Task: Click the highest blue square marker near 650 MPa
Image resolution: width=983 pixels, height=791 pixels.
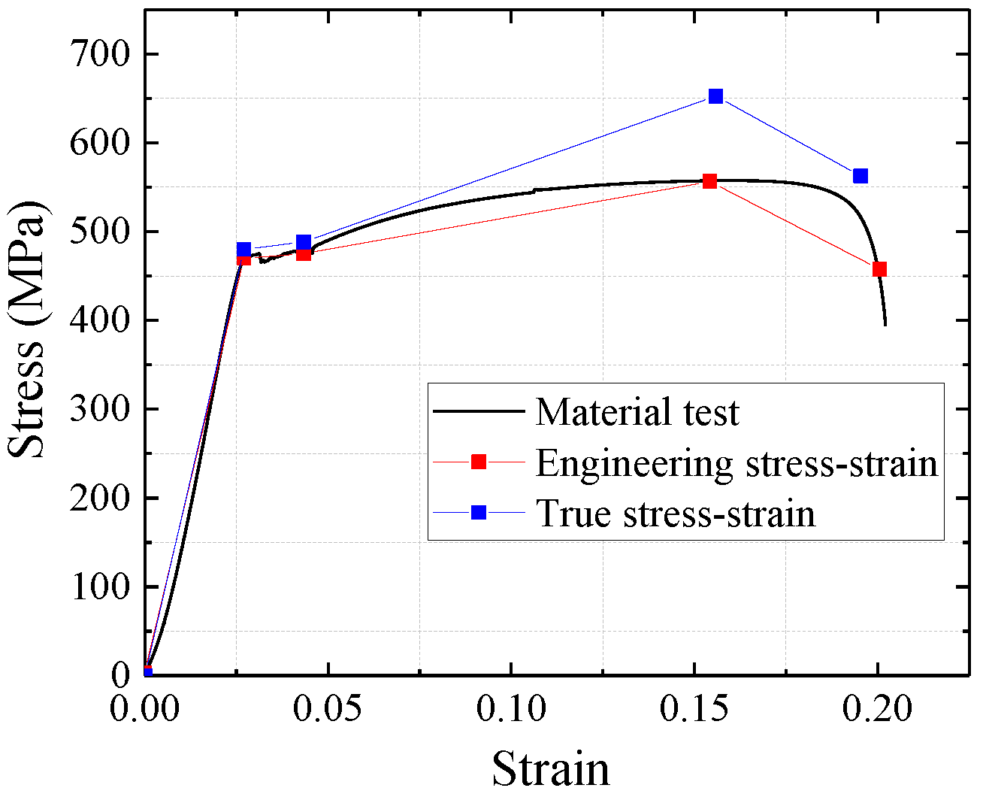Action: (715, 96)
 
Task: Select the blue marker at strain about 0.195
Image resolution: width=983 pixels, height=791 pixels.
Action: (861, 176)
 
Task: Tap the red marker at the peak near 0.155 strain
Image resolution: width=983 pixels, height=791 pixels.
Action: (709, 181)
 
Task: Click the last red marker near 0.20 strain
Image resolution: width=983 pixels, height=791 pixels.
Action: (879, 269)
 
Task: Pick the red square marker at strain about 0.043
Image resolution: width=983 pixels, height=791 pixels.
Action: (303, 254)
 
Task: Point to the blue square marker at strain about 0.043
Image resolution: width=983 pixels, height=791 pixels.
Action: (304, 242)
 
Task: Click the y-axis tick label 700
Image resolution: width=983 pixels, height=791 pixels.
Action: (100, 54)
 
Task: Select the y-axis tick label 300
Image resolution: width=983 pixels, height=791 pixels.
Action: (100, 409)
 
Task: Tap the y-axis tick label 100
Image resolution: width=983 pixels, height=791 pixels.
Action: (100, 586)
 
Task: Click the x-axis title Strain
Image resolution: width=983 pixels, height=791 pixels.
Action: (551, 768)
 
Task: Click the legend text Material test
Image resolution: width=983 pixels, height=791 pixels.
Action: (637, 412)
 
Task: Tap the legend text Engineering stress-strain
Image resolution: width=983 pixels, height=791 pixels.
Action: (736, 462)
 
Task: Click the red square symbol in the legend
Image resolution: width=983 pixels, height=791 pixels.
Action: (479, 462)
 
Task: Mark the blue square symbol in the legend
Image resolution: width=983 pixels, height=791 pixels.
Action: (479, 513)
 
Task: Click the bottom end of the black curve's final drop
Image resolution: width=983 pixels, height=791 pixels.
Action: (885, 325)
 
